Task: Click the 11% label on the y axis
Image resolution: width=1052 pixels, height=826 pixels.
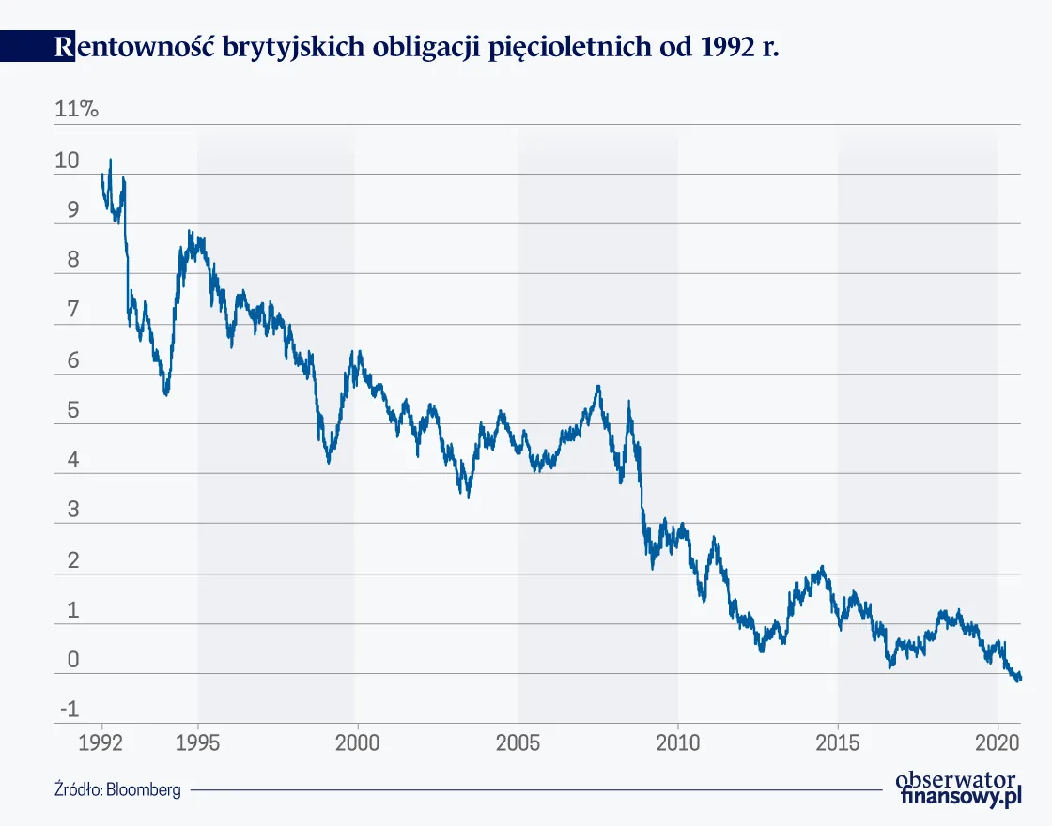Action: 77,109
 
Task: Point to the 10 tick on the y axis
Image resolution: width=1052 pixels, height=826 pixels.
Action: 68,161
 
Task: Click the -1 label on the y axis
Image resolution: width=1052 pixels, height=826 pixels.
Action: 69,710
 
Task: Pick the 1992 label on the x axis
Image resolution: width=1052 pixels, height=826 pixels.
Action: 102,743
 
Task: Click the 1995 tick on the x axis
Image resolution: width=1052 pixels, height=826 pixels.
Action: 198,743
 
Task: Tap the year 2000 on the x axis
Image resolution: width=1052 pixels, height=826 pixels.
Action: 357,743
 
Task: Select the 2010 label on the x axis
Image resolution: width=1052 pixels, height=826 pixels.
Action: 677,743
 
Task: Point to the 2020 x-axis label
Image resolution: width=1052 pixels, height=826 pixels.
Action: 997,743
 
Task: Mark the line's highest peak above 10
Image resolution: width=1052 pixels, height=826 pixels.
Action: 110,160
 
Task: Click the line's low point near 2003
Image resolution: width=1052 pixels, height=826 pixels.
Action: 469,497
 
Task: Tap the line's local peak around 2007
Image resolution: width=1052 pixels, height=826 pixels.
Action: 598,386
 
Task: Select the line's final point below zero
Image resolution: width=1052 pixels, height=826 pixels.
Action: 1020,678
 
